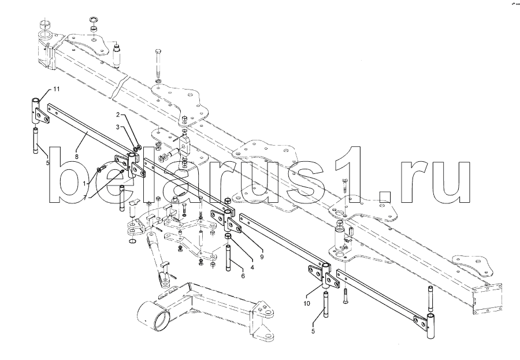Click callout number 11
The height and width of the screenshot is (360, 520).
pyautogui.click(x=57, y=88)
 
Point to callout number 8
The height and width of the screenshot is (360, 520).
pyautogui.click(x=77, y=155)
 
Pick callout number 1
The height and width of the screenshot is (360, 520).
pyautogui.click(x=85, y=183)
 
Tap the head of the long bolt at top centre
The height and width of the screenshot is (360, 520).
pyautogui.click(x=159, y=53)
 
